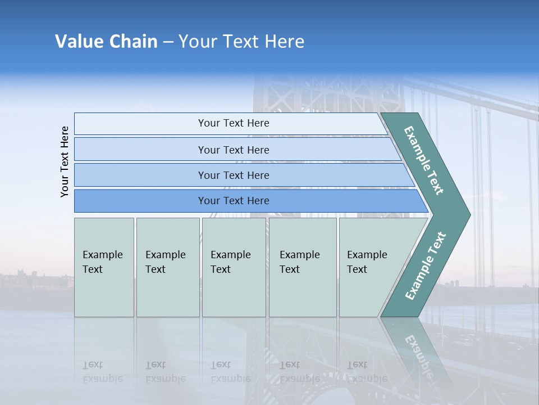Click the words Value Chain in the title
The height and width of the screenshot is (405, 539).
[x=106, y=42]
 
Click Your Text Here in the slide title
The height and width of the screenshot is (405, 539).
[x=241, y=42]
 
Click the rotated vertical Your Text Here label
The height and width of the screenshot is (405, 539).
[x=65, y=161]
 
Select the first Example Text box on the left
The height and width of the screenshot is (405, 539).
[x=104, y=267]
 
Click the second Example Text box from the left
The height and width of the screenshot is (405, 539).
[x=167, y=267]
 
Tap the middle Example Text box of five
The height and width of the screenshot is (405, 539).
[x=234, y=267]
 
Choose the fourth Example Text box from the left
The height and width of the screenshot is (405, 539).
[x=303, y=267]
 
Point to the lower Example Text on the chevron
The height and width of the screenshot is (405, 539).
[x=425, y=266]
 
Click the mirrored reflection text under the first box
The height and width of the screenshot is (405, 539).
[x=102, y=372]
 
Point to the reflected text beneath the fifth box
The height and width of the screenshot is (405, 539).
[x=367, y=372]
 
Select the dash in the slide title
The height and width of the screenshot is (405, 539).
[x=168, y=42]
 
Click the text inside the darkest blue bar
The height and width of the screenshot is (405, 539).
[x=234, y=201]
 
